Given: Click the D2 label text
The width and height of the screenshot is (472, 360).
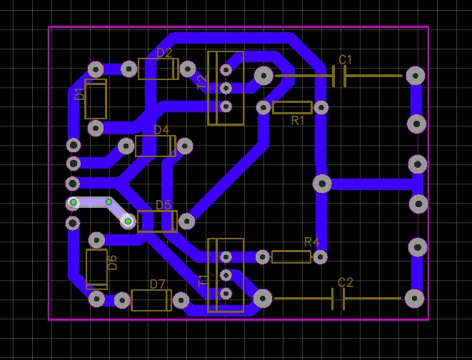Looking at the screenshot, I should [x=164, y=53].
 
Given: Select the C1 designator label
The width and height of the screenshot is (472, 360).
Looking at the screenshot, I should [x=345, y=59].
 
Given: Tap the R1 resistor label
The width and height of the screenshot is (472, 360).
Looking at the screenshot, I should [x=298, y=120].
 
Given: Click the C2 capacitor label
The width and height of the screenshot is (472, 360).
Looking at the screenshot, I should [x=345, y=283].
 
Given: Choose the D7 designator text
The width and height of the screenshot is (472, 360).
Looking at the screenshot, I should [x=158, y=284].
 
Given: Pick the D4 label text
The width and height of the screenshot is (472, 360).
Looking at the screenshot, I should [x=161, y=130].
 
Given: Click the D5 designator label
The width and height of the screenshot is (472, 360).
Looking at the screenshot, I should [x=163, y=206].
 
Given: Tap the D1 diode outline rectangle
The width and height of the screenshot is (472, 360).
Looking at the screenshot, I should [x=96, y=99].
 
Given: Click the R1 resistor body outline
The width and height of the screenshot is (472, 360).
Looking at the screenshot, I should [x=292, y=108].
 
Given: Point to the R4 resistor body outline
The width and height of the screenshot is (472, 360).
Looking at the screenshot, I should [x=291, y=256].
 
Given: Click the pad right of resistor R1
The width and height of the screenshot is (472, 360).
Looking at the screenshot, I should [x=321, y=108].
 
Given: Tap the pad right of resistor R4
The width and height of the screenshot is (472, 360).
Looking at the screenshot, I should [x=320, y=256].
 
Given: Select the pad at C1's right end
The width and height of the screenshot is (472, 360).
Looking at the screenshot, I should [x=415, y=76].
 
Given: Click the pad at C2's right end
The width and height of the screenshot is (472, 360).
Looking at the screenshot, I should [x=414, y=299].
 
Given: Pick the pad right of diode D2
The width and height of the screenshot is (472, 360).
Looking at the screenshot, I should [x=187, y=69].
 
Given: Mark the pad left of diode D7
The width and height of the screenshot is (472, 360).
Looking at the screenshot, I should [x=121, y=300].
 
